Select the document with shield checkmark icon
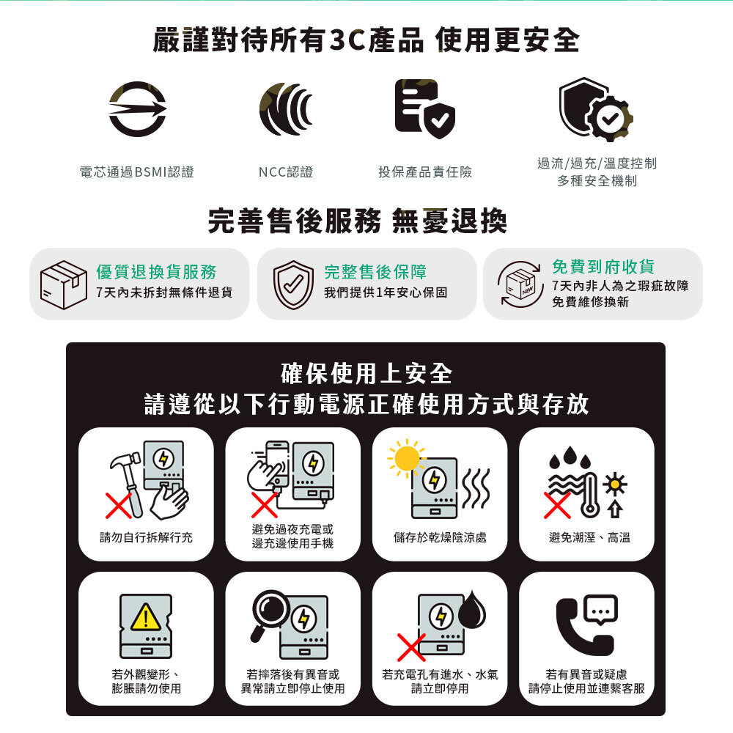click(x=424, y=109)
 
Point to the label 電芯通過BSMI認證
click(x=137, y=172)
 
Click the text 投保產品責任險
click(x=425, y=172)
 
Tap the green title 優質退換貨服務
click(x=156, y=272)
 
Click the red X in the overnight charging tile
click(x=264, y=504)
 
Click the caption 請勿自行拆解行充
click(x=147, y=538)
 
